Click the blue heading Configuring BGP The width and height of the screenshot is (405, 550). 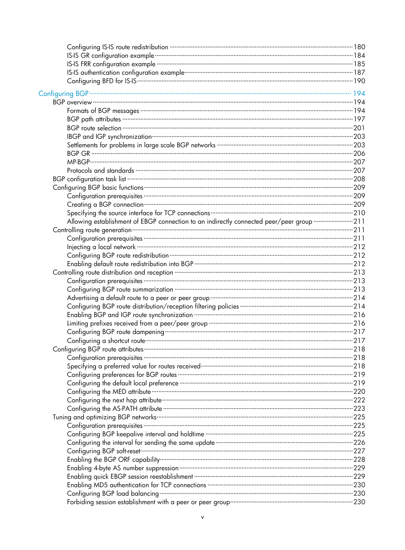(63, 93)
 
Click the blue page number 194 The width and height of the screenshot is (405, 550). (359, 93)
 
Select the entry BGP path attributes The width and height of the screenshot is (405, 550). (94, 119)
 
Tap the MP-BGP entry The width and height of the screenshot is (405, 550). (78, 162)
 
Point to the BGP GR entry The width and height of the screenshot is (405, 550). (79, 153)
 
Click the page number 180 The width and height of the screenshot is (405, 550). (359, 47)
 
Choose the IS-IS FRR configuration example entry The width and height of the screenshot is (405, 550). (111, 64)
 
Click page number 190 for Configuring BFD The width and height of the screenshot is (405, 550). (359, 81)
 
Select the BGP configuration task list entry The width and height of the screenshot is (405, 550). (89, 179)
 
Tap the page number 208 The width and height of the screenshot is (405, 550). (359, 179)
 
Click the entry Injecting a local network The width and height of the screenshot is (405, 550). (101, 247)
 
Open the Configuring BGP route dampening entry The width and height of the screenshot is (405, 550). (115, 332)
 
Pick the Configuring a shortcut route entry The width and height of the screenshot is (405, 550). (106, 340)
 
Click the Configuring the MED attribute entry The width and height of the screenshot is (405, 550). (109, 392)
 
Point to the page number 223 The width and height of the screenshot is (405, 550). (359, 409)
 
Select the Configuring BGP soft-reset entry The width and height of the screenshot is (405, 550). (104, 451)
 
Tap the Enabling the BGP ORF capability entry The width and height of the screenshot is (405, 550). (113, 460)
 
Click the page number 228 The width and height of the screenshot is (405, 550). (359, 460)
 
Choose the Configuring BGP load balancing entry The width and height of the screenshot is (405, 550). (112, 494)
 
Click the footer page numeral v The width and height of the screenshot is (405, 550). (202, 517)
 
